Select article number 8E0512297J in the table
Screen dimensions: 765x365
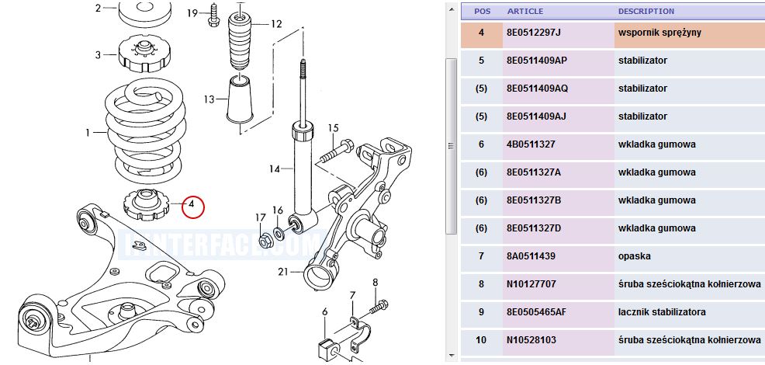tap(535, 33)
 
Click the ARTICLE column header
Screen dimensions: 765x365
tap(525, 11)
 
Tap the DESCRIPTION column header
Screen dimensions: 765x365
tap(646, 11)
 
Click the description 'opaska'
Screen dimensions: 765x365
tap(634, 256)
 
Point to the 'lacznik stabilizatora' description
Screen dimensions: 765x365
tap(662, 311)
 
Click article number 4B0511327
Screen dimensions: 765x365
tap(531, 144)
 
